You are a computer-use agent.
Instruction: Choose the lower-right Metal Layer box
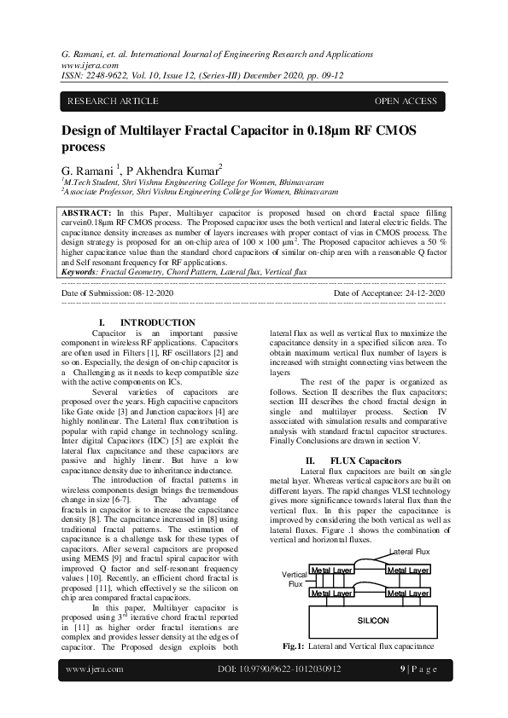point(407,592)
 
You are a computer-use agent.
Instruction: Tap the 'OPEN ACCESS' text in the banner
point(406,101)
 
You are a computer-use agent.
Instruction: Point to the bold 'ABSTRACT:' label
point(86,211)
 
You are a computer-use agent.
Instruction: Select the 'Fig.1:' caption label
point(295,646)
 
